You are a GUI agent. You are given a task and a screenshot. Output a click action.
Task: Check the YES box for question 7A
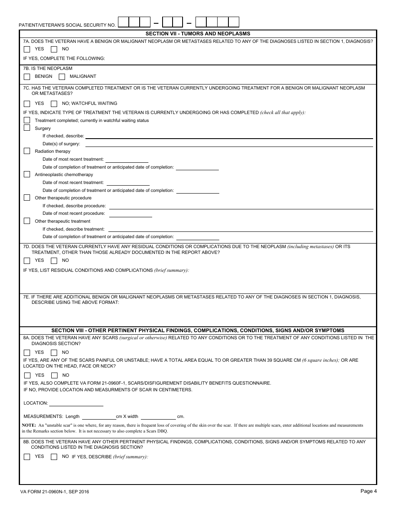tap(27, 49)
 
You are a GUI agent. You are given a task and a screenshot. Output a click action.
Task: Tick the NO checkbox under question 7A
tap(54, 49)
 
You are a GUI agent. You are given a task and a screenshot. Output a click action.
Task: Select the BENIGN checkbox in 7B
tap(27, 77)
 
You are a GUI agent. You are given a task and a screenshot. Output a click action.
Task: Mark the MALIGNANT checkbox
tap(62, 77)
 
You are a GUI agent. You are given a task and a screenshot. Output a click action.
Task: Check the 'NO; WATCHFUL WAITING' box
tap(54, 104)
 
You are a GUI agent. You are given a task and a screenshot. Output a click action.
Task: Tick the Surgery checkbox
tap(27, 128)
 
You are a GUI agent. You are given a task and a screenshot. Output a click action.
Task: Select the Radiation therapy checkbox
tap(27, 151)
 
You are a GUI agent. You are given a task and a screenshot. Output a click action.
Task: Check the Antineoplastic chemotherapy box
tap(27, 174)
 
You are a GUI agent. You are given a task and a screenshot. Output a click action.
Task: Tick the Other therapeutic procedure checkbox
tap(27, 198)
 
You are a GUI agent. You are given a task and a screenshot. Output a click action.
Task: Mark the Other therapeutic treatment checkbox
tap(27, 221)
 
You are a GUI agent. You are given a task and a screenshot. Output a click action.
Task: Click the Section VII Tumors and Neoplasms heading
tap(198, 34)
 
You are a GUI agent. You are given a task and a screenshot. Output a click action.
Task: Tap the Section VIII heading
tap(198, 331)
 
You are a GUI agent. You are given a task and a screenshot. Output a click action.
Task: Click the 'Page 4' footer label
tap(368, 491)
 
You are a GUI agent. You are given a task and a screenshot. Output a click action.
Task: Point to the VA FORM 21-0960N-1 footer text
tap(54, 492)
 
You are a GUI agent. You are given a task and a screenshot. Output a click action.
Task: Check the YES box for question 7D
tap(27, 261)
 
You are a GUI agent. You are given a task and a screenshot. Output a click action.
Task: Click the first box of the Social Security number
tap(123, 22)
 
